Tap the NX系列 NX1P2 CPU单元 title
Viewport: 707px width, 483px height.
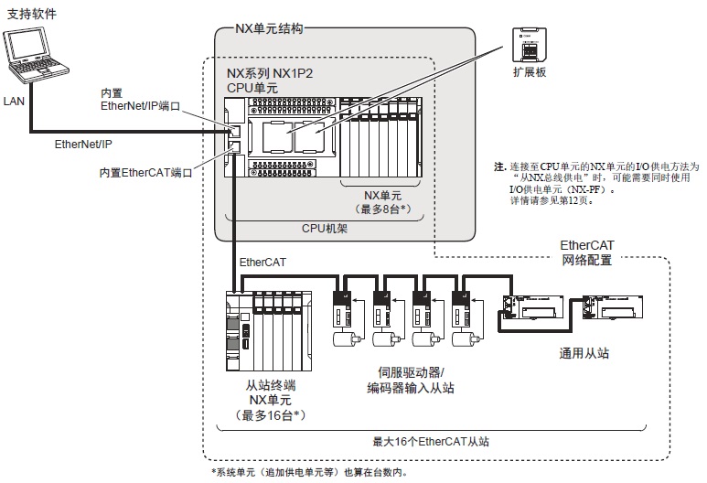(x=270, y=80)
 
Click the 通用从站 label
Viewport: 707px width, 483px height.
(x=584, y=351)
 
